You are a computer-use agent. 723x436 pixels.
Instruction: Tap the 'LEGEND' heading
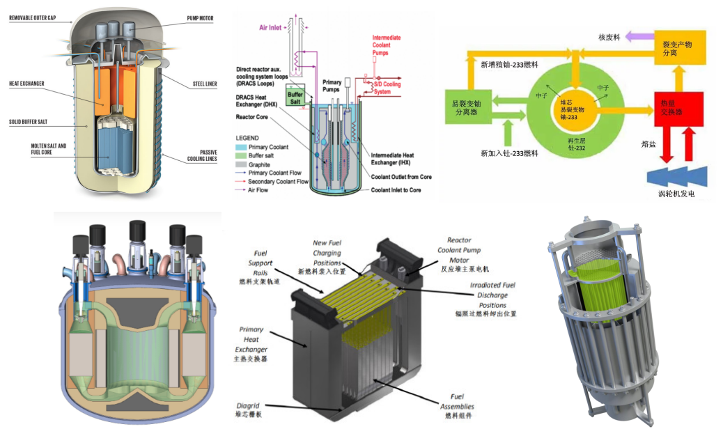click(249, 138)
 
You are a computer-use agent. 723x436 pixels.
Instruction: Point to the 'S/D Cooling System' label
click(389, 88)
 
